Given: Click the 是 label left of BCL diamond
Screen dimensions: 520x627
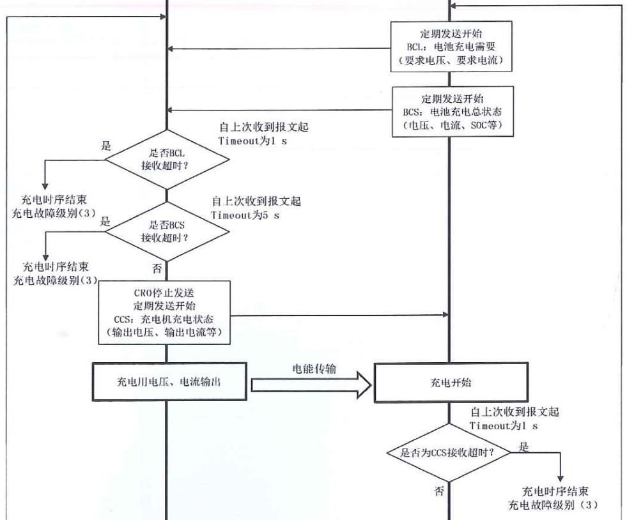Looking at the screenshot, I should click(105, 146).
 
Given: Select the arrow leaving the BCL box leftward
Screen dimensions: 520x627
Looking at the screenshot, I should click(281, 49).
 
